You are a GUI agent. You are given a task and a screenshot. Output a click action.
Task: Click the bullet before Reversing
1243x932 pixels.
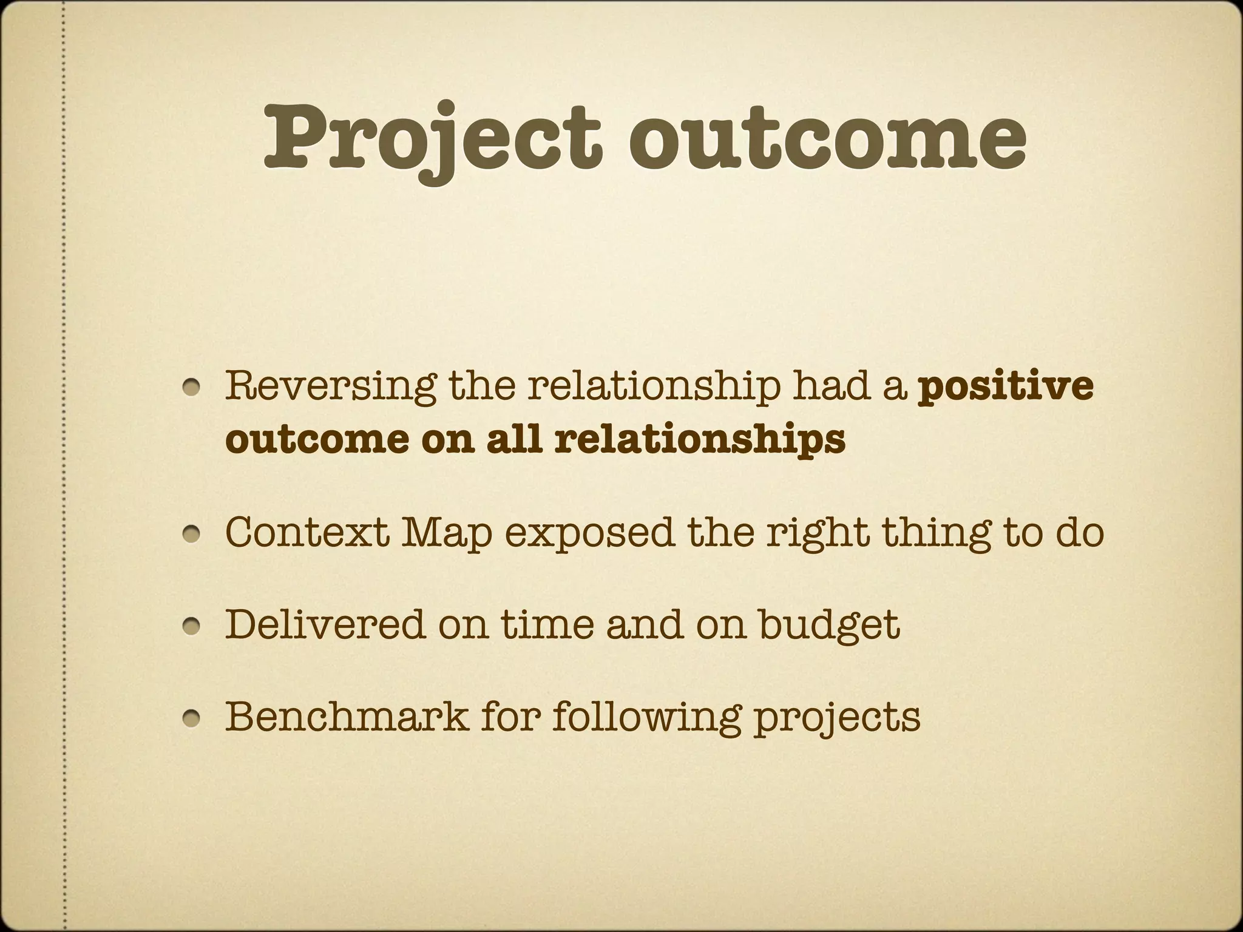click(x=194, y=388)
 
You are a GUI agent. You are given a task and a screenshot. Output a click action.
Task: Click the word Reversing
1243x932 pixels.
click(x=330, y=386)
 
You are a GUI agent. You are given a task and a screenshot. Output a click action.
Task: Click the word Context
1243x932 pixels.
click(x=307, y=532)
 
